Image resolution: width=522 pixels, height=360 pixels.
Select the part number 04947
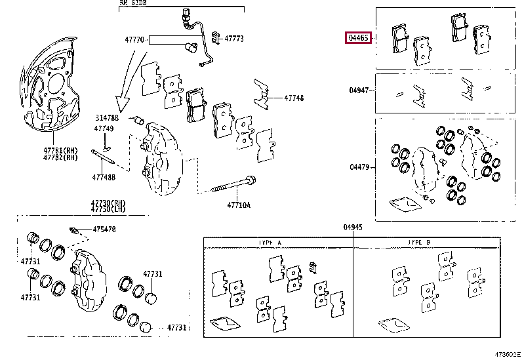coord(359,90)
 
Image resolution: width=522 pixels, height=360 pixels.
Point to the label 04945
coord(352,227)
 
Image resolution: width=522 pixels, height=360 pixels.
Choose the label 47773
coord(234,39)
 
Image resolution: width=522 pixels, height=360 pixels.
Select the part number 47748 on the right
coord(294,98)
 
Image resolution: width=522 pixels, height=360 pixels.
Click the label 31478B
coord(105,117)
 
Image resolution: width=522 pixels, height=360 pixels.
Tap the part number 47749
coord(104,129)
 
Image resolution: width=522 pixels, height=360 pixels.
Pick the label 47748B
coord(104,177)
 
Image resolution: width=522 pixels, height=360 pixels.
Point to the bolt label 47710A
coord(239,205)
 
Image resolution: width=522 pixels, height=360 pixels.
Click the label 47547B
coord(104,229)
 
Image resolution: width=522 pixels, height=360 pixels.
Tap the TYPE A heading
coord(270,243)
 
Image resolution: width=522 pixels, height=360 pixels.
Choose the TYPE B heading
coord(418,243)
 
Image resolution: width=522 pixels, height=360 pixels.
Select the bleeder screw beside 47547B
coord(75,230)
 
